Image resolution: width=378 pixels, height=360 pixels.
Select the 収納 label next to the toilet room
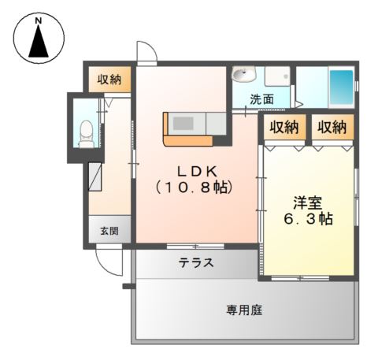click(x=109, y=79)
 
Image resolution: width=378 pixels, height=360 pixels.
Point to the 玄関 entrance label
click(x=109, y=231)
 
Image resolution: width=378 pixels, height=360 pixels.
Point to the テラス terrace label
click(x=196, y=262)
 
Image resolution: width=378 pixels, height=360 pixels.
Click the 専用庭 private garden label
click(x=244, y=310)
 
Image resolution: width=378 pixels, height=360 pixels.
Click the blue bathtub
click(x=340, y=87)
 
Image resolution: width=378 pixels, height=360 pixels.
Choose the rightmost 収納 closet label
click(x=332, y=127)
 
